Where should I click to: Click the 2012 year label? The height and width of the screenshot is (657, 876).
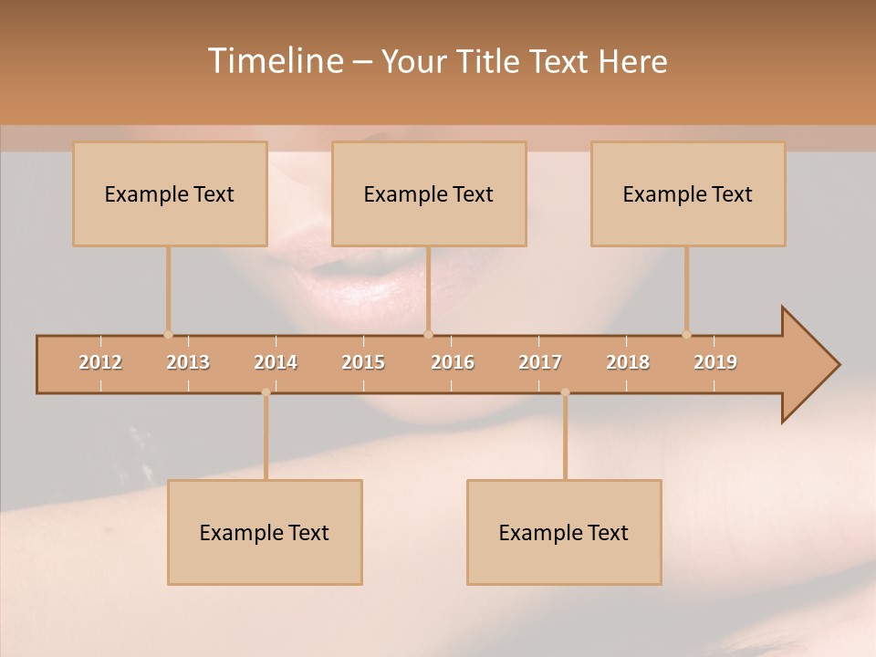pos(100,362)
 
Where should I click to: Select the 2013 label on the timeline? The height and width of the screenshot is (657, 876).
pos(188,362)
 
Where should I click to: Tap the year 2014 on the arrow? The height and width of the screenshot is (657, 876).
pos(276,362)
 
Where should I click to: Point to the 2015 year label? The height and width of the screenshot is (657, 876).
pos(363,362)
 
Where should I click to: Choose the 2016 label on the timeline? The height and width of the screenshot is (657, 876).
pos(453,362)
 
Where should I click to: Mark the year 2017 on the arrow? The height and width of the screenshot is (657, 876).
pos(540,362)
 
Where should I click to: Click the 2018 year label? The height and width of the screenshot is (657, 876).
pos(628,362)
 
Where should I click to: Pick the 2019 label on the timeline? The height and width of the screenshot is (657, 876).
pos(715,362)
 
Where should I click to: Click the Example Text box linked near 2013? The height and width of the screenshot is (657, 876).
pos(170,193)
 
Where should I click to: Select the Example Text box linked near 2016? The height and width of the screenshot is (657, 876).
pos(429,193)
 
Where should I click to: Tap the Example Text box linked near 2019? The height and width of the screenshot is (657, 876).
pos(688,193)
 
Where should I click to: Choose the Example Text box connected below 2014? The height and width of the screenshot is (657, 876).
pos(265,532)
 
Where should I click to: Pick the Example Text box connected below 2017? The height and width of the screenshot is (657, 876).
pos(564,532)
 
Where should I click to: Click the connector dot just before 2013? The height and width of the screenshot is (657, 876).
pos(168,335)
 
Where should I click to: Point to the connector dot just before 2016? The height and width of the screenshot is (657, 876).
pos(428,335)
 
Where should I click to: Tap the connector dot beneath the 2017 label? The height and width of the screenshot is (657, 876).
pos(565,392)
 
